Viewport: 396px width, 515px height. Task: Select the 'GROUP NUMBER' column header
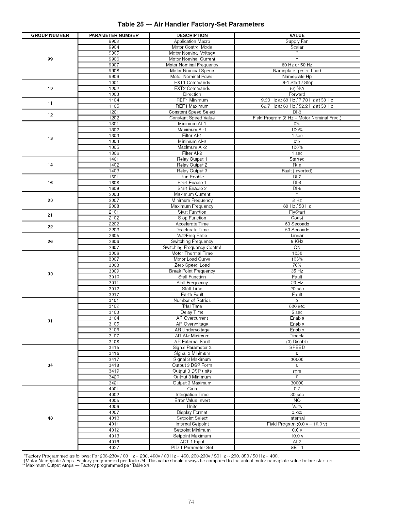point(50,35)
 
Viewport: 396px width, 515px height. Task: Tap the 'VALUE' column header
point(297,35)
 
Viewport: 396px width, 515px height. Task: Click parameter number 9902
point(114,41)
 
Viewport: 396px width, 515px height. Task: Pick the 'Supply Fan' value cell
point(297,41)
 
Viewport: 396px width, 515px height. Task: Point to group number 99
point(50,59)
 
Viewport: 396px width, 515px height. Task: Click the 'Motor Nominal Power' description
point(192,77)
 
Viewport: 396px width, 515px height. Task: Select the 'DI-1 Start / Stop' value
point(297,82)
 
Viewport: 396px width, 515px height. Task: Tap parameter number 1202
point(114,118)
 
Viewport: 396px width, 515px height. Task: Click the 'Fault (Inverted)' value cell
point(297,171)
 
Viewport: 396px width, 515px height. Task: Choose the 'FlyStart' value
point(297,212)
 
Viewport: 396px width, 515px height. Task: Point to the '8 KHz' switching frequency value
point(297,241)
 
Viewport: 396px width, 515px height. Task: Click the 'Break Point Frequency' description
point(192,271)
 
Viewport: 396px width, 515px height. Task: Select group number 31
point(50,321)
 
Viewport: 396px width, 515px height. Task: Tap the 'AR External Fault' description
point(192,342)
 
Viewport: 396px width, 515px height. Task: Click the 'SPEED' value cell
point(297,347)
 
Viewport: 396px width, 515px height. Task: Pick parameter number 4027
point(114,448)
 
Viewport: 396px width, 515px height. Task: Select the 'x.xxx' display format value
point(297,412)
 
